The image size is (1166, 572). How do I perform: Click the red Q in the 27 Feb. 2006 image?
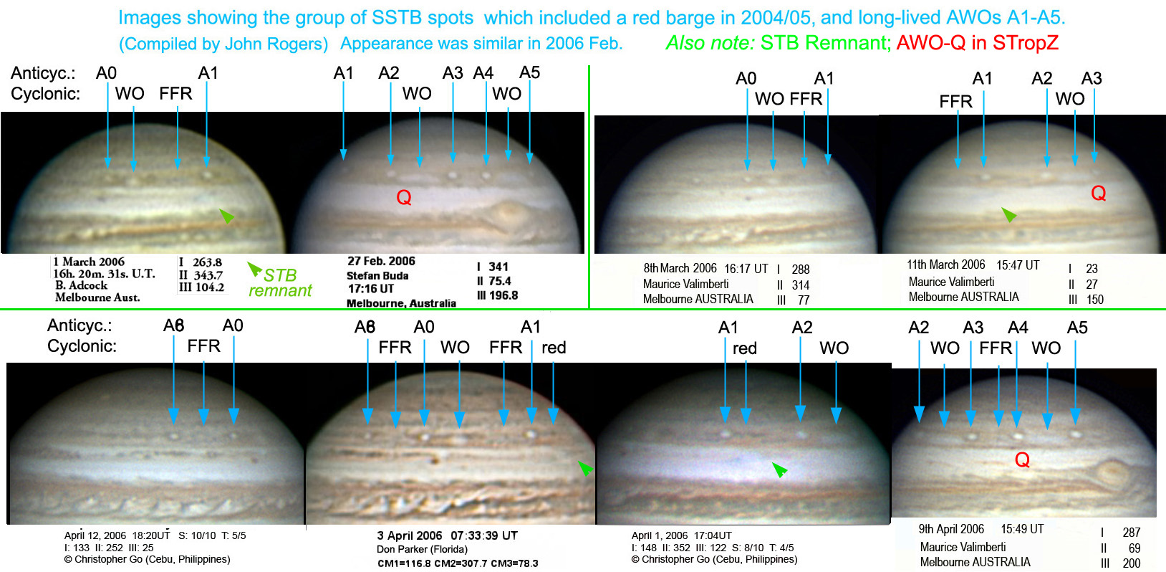coord(404,197)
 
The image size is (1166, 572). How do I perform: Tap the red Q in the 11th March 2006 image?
coord(1099,194)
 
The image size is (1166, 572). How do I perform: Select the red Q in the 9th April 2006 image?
coord(1022,460)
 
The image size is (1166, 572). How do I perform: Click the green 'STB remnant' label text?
coord(280,282)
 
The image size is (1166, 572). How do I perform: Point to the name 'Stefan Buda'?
coord(377,275)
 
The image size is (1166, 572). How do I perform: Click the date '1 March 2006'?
coord(89,262)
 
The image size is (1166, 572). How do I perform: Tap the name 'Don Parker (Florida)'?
coord(422,549)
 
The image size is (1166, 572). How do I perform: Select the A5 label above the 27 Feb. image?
coord(530,72)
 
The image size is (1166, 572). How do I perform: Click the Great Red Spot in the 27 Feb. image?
coord(507,214)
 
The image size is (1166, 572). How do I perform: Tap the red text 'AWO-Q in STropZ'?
coord(978,43)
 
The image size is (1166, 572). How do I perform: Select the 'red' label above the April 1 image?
coord(744,348)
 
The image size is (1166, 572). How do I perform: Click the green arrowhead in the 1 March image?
coord(227,215)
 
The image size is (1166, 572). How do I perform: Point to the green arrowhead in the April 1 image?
coord(779,470)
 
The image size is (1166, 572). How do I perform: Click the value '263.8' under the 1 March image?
coord(207,262)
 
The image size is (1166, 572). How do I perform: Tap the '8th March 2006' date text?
coord(680,268)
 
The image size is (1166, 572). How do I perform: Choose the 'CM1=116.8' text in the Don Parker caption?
coord(403,563)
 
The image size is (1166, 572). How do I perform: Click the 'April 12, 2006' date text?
coord(95,535)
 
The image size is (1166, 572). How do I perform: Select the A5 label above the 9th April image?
coord(1077,328)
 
